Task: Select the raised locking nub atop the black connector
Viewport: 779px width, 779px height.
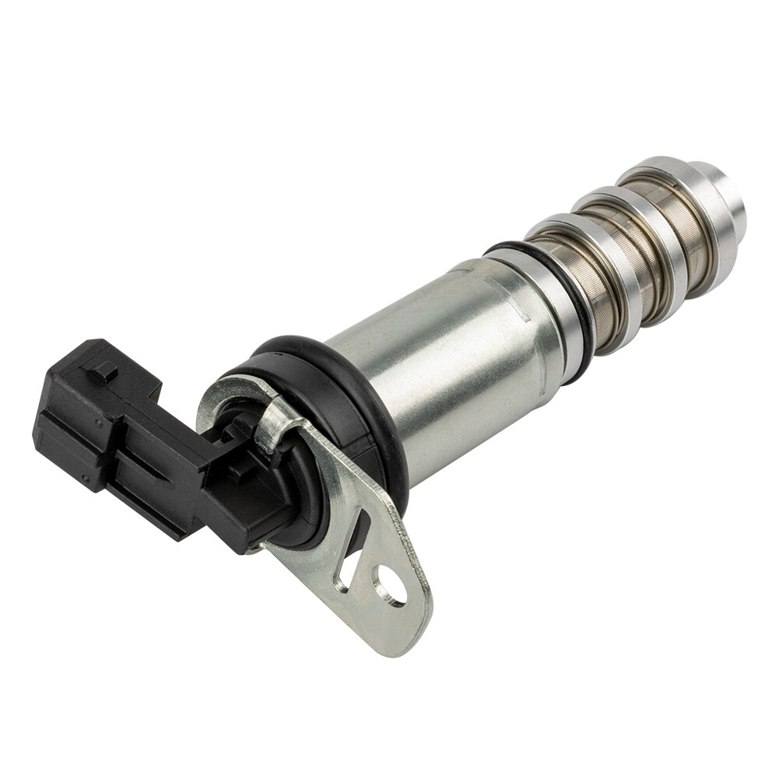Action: coord(103,373)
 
